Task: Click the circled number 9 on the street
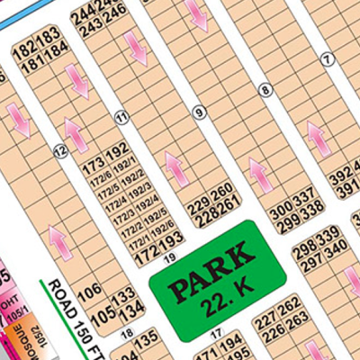[x=198, y=112]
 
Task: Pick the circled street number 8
[x=265, y=89]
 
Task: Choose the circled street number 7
[x=328, y=58]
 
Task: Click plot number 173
[x=94, y=166]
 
